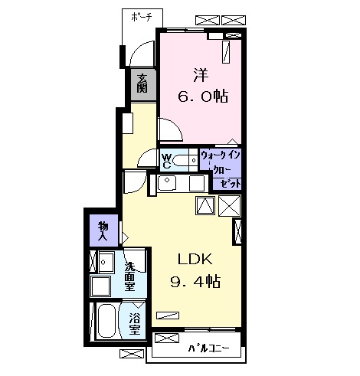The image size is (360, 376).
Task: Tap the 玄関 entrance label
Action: point(142,82)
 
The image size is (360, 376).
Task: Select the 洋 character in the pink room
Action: point(201,76)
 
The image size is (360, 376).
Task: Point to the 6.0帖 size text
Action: point(201,98)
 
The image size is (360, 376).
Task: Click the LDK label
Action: point(195,258)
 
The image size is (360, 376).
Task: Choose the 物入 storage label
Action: point(103,230)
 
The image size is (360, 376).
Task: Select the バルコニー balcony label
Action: point(208,349)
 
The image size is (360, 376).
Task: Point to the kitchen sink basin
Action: point(169,183)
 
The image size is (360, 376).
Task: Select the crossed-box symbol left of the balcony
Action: point(133,355)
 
